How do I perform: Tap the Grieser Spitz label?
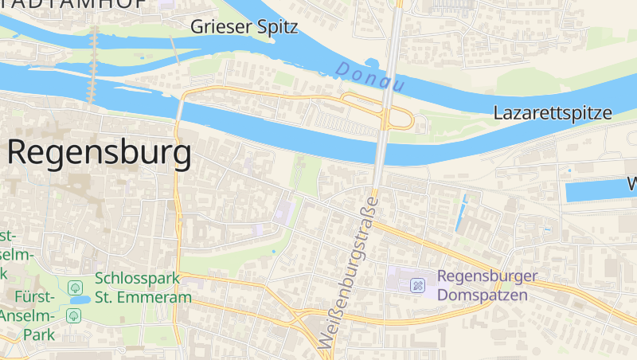[244, 27]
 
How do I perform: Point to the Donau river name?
[370, 77]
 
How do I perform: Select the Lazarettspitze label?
[553, 113]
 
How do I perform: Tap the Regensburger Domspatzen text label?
[487, 286]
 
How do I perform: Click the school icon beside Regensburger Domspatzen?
[417, 285]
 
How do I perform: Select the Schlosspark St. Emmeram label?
[143, 288]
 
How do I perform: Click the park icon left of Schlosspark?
[76, 287]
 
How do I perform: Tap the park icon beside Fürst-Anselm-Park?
[74, 315]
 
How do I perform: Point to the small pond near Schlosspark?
[80, 300]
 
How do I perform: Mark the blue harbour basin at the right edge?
[597, 190]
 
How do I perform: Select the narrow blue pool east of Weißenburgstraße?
[461, 213]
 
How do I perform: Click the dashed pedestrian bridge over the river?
[92, 64]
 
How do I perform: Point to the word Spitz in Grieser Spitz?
[276, 27]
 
